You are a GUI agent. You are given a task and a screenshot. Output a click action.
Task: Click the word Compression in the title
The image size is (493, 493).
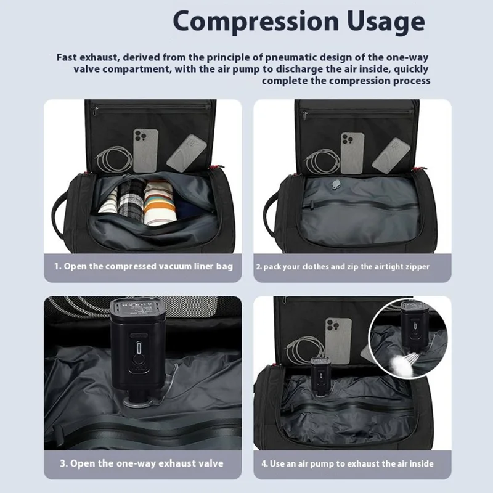coord(256,22)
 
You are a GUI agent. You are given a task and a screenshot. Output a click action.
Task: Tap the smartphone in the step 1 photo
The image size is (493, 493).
coord(145,150)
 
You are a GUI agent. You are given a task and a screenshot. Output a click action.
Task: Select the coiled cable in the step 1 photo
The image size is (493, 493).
coord(115,160)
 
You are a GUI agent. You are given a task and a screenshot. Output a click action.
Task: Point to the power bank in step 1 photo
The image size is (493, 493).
coord(186,153)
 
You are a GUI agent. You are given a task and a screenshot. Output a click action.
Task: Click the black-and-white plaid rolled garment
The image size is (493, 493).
coord(131,200)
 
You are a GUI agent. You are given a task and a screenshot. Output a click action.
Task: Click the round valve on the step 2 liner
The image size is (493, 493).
coord(336,185)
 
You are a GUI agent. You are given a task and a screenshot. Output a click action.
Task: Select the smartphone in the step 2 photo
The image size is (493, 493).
coord(352,153)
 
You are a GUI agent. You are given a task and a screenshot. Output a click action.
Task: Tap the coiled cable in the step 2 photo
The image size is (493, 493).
coord(322,161)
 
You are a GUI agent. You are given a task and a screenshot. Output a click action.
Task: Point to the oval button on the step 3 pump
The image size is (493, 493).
coord(139,348)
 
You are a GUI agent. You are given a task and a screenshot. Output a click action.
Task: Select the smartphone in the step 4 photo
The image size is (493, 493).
coord(338,341)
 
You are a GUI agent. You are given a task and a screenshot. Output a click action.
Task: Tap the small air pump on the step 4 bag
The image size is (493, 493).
coord(320,376)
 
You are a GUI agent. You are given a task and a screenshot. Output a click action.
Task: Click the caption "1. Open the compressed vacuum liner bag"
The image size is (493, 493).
coord(144,266)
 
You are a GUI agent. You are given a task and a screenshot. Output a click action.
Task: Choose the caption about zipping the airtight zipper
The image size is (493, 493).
coord(343,267)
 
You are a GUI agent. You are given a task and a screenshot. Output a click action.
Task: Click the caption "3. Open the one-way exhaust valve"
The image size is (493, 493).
coord(142,463)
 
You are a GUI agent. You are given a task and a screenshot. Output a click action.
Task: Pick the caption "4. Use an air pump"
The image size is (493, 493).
coord(348,464)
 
